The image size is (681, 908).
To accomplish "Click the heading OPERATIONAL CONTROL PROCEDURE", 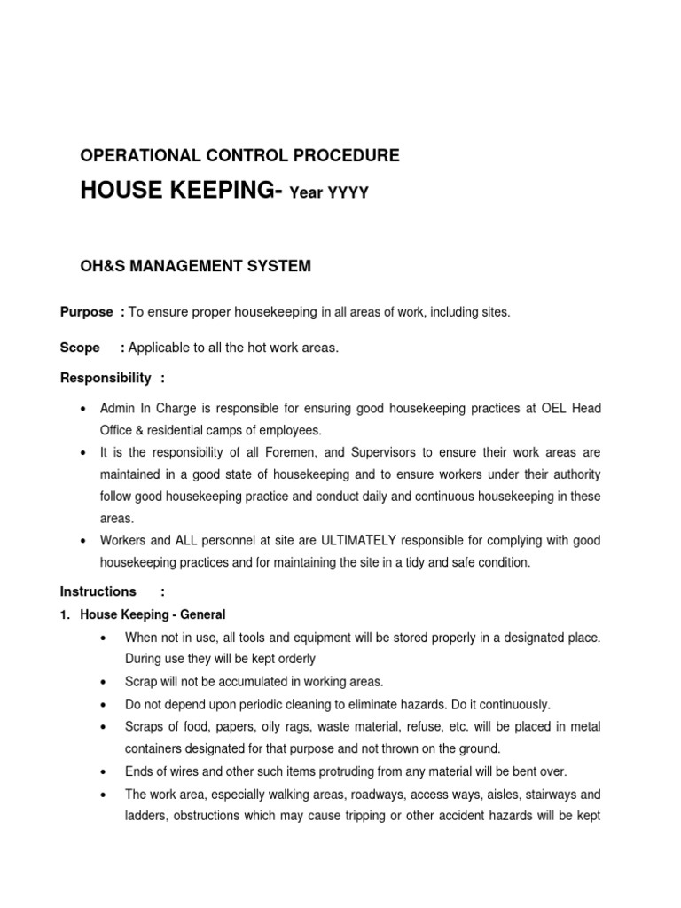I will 239,156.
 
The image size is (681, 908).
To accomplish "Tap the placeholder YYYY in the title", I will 348,194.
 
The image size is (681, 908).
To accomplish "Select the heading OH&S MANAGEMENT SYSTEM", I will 195,264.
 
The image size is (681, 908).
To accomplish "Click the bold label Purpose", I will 86,312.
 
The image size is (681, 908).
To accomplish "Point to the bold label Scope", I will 79,348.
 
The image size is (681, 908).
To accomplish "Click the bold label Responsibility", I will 106,379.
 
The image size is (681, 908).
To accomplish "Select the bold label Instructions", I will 98,591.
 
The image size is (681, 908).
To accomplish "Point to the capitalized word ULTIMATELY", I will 355,540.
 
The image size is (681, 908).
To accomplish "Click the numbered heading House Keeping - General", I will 153,614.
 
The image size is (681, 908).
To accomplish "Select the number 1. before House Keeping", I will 66,614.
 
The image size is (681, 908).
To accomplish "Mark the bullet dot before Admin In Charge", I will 82,409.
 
